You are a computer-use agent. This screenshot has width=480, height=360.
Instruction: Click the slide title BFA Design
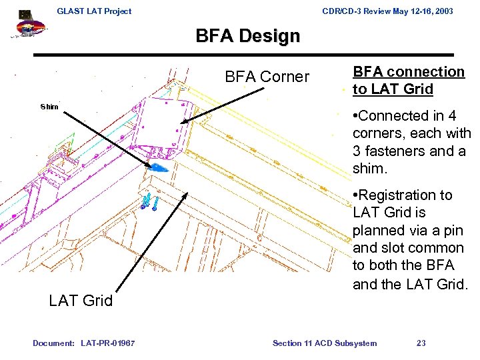tap(247, 35)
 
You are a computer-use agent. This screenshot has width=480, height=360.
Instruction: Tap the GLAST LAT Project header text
tap(94, 11)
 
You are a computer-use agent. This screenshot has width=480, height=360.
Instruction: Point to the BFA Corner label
tap(267, 77)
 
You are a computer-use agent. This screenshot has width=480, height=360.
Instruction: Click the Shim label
tap(49, 107)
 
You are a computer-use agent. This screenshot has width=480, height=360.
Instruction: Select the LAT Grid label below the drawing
tap(81, 301)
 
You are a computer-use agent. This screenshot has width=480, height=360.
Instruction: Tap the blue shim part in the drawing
tap(159, 167)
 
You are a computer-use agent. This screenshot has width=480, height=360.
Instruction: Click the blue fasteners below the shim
tap(149, 201)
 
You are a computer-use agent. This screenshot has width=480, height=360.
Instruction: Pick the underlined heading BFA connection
tap(408, 72)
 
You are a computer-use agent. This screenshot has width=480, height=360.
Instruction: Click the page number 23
tap(421, 343)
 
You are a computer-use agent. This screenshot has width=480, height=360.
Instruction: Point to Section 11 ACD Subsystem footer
tap(325, 343)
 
